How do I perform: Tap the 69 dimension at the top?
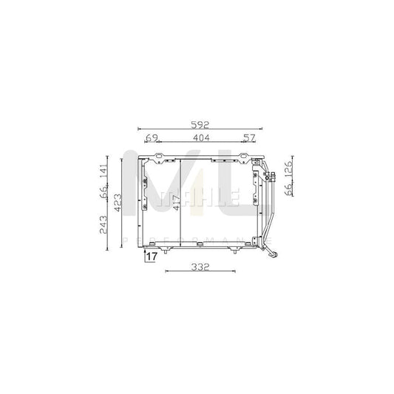pyautogui.click(x=151, y=138)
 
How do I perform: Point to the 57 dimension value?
pyautogui.click(x=248, y=138)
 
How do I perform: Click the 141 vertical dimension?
pyautogui.click(x=103, y=171)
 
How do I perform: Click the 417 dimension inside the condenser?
pyautogui.click(x=177, y=202)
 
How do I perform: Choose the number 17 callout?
pyautogui.click(x=150, y=257)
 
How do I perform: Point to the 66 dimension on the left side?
pyautogui.click(x=103, y=195)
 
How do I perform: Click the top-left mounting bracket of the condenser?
pyautogui.click(x=158, y=157)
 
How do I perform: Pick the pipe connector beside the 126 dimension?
pyautogui.click(x=273, y=177)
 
